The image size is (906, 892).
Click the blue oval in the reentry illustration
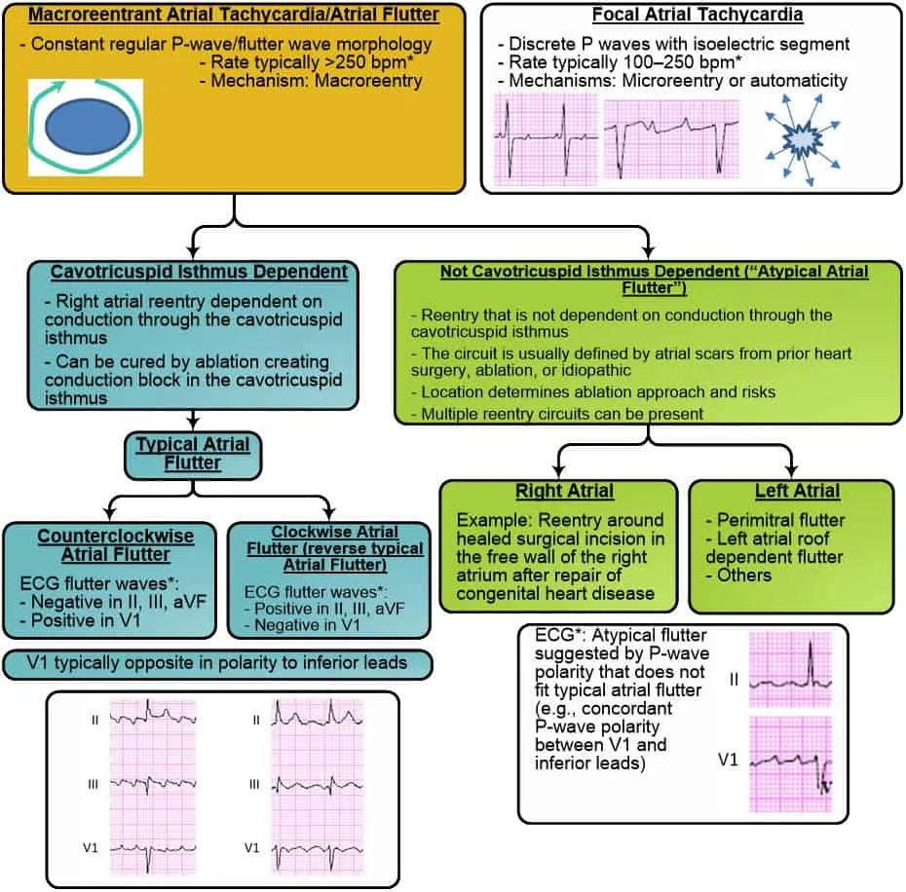88,128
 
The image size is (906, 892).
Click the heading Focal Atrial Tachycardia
698,15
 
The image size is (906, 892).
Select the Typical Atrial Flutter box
193,455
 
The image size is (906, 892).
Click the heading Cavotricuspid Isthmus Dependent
199,272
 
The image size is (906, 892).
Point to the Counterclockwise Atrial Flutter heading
116,544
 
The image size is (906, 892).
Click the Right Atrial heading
564,491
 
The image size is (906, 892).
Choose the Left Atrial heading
797,491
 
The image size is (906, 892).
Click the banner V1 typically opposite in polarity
217,663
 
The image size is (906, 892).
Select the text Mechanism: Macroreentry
311,81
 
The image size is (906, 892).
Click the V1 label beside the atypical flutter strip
728,760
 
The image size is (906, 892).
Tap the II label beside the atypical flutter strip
734,680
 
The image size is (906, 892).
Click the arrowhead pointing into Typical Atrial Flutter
193,425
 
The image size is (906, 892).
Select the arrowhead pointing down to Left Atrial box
791,471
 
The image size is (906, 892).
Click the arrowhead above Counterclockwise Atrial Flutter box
110,513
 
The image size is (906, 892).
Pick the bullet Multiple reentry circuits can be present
557,414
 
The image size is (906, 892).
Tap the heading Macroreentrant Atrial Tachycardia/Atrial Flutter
234,15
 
